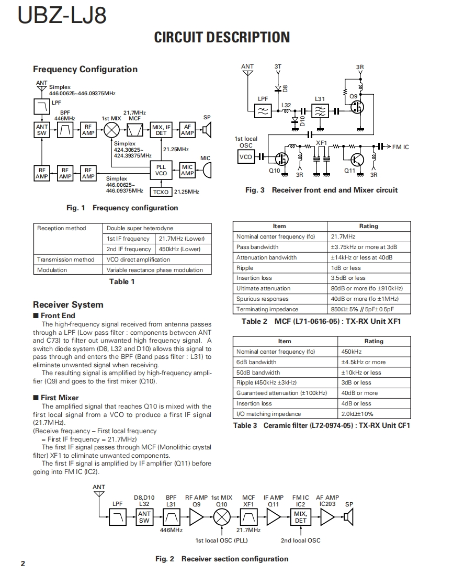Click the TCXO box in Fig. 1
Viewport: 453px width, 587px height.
pyautogui.click(x=161, y=192)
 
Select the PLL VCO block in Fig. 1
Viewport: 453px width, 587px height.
pyautogui.click(x=161, y=170)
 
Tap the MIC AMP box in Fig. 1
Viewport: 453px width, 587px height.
pyautogui.click(x=187, y=170)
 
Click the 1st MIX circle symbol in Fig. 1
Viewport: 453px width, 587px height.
pyautogui.click(x=111, y=130)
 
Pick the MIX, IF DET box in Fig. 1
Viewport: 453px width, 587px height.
pyautogui.click(x=161, y=130)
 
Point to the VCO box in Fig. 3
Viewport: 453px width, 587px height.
pyautogui.click(x=245, y=157)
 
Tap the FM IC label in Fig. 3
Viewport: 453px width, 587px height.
pyautogui.click(x=401, y=147)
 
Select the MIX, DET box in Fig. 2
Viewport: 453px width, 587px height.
pyautogui.click(x=300, y=517)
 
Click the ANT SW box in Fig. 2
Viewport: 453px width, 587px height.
pyautogui.click(x=144, y=517)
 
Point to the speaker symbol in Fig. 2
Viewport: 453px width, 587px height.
pyautogui.click(x=349, y=517)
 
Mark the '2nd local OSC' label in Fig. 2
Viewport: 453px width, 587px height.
pyautogui.click(x=300, y=540)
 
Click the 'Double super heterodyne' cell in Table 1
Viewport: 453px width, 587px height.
pyautogui.click(x=140, y=229)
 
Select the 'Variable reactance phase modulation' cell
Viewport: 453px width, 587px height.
pyautogui.click(x=155, y=270)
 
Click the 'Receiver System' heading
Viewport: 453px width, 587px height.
pyautogui.click(x=68, y=304)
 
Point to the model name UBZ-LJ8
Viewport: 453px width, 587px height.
pyautogui.click(x=62, y=16)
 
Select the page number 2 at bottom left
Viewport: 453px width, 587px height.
pyautogui.click(x=22, y=563)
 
